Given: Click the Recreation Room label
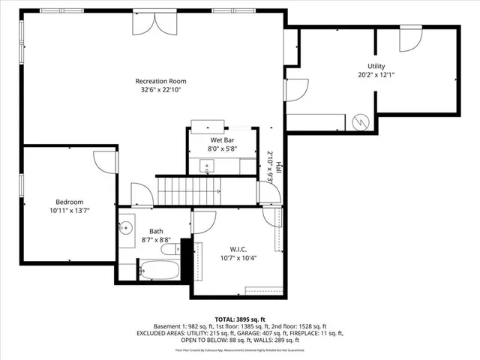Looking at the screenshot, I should tap(160, 81).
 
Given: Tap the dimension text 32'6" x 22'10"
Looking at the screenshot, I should tap(160, 90).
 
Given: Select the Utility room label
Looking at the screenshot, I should tap(376, 67).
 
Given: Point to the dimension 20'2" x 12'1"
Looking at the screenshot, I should tap(376, 75).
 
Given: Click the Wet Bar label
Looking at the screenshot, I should tap(220, 140).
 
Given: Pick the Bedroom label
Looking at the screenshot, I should tap(68, 201).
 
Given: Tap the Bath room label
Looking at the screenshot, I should tap(156, 231).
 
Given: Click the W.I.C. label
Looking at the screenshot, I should tap(238, 249).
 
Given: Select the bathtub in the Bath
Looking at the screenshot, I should tap(159, 270).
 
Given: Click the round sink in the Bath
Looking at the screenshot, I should tap(126, 225).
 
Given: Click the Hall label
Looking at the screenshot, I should tap(279, 166).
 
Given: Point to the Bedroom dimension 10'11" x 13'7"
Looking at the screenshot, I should tap(68, 210).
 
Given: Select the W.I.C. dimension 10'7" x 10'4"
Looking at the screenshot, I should tap(238, 258).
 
